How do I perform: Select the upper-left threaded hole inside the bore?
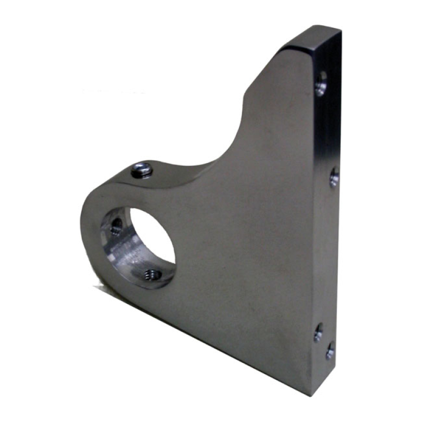tap(116, 226)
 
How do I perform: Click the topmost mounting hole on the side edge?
tap(321, 83)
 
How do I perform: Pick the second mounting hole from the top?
tap(334, 177)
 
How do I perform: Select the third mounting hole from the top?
tap(319, 332)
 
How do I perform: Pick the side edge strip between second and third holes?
tap(327, 253)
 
